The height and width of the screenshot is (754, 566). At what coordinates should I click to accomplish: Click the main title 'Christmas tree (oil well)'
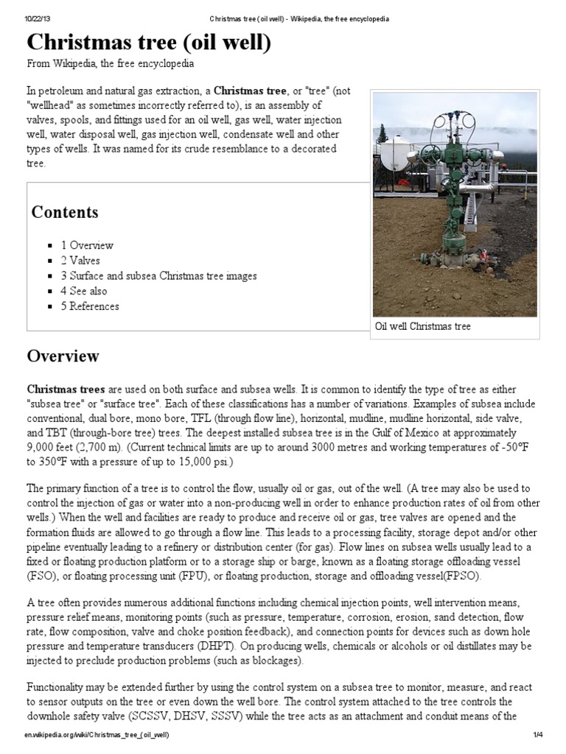(149, 43)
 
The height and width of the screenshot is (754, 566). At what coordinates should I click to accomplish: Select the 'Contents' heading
(65, 213)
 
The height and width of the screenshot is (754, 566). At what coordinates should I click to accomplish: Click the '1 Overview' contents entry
(87, 245)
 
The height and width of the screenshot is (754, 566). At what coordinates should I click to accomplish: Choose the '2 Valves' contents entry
(80, 261)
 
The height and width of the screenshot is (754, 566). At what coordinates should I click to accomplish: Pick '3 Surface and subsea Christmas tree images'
(158, 276)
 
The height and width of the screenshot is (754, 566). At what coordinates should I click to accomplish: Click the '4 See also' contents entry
(83, 291)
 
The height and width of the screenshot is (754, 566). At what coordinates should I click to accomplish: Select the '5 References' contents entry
(90, 306)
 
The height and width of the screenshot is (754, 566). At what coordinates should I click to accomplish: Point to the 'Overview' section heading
(63, 356)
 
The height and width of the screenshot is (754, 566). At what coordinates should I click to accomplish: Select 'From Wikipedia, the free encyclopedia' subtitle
(111, 64)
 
